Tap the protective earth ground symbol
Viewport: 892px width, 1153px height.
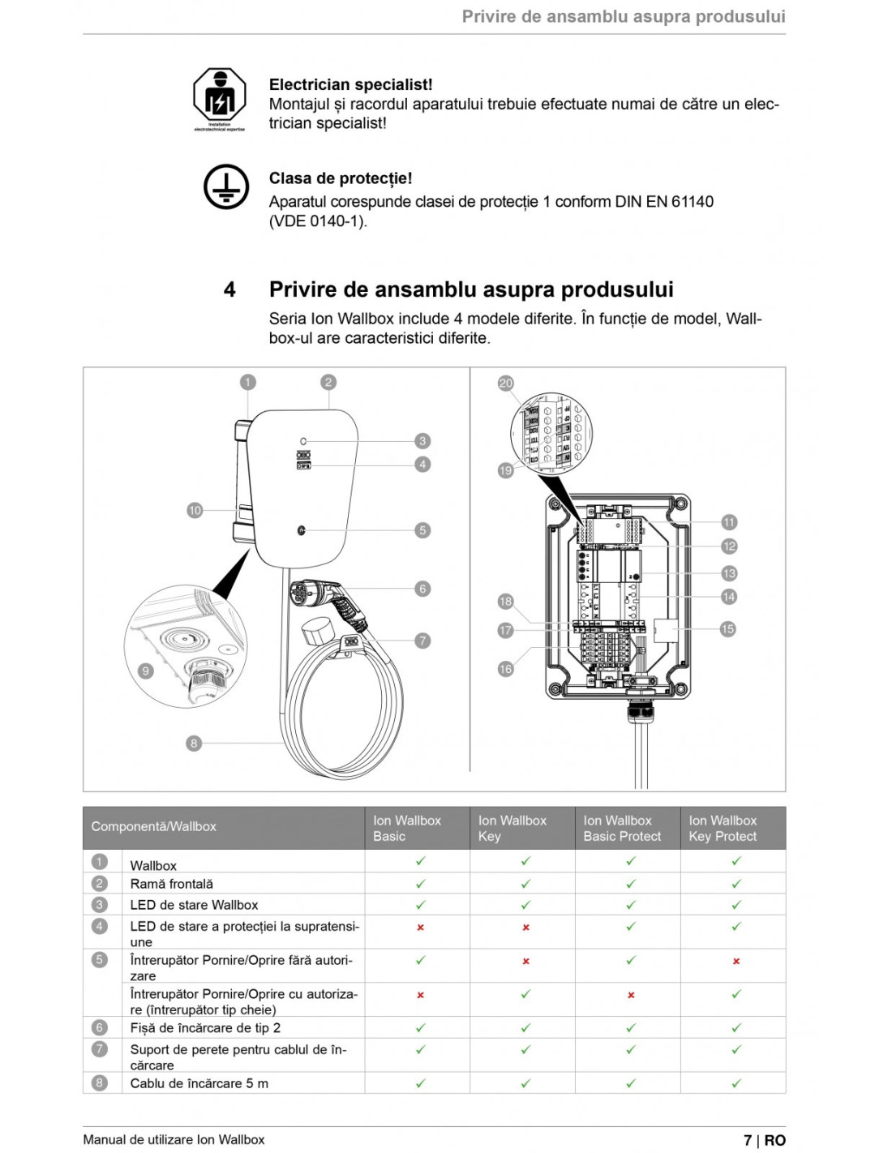[x=225, y=186]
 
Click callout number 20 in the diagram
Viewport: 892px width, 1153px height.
[x=505, y=383]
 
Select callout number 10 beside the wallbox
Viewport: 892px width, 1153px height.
[x=195, y=510]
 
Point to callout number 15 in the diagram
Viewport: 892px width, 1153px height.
[x=727, y=629]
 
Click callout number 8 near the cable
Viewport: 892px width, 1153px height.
[x=193, y=743]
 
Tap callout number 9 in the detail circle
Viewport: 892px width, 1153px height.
[x=146, y=671]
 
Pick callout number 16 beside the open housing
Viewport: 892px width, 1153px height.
[x=505, y=669]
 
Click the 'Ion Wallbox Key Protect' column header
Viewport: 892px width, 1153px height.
[x=723, y=828]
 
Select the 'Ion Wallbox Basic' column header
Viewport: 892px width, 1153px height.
[x=407, y=828]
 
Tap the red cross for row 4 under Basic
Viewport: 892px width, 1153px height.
[x=420, y=927]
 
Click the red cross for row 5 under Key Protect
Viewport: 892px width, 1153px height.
[x=736, y=961]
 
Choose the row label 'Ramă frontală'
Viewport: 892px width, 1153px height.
[x=172, y=884]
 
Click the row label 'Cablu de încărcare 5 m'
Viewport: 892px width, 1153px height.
[x=199, y=1083]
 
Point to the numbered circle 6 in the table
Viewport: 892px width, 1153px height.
[x=100, y=1027]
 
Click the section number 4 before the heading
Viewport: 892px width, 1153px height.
[x=229, y=289]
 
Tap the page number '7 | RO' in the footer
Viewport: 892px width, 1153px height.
[x=764, y=1140]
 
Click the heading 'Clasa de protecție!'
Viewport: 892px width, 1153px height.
[x=341, y=178]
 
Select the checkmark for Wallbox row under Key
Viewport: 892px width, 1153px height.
[x=525, y=861]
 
